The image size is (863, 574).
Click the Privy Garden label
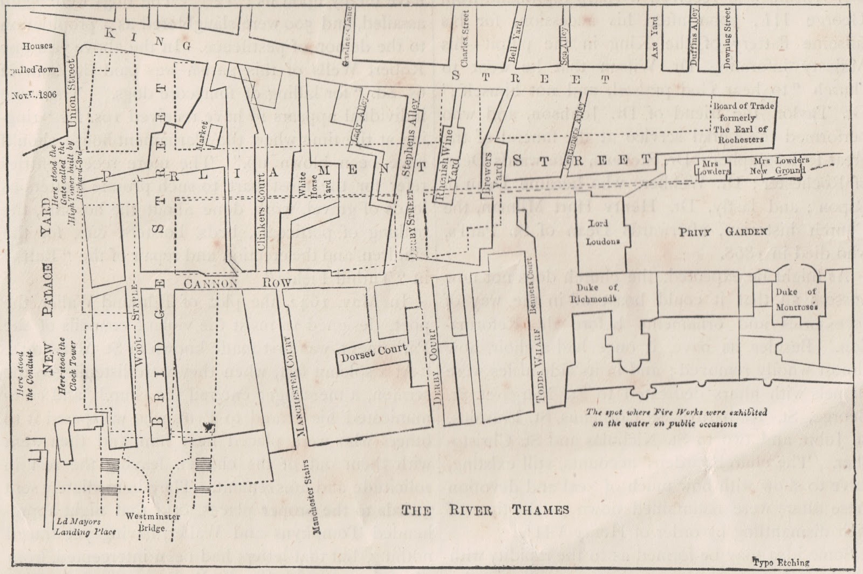pos(723,231)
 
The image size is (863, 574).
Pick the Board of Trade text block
pos(743,122)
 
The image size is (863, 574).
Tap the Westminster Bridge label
pos(145,522)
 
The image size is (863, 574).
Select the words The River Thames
pos(485,510)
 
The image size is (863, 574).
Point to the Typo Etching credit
pos(781,562)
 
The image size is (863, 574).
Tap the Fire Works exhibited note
pos(676,418)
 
